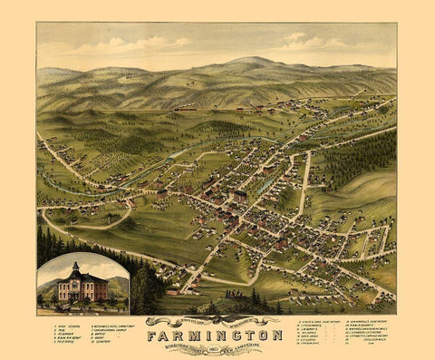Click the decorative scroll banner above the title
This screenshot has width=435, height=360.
click(x=216, y=319)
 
